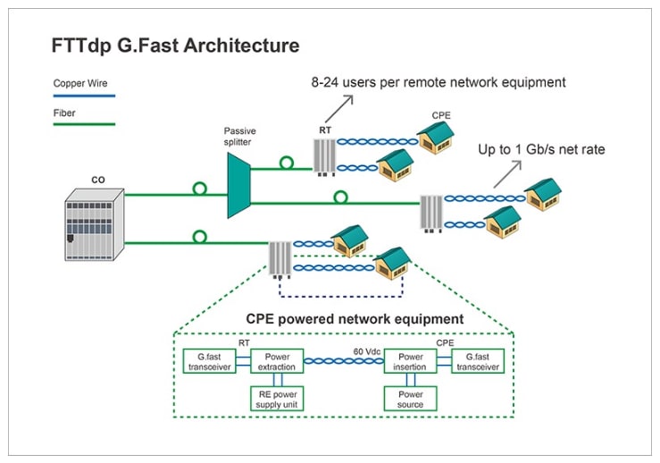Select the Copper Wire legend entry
(75, 83)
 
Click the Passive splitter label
(240, 136)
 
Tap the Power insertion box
(410, 361)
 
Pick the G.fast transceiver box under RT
(208, 361)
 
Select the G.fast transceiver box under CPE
(478, 361)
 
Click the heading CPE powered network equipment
(355, 318)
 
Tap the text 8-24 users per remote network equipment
(439, 82)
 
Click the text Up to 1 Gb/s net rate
(542, 149)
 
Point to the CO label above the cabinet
(98, 180)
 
